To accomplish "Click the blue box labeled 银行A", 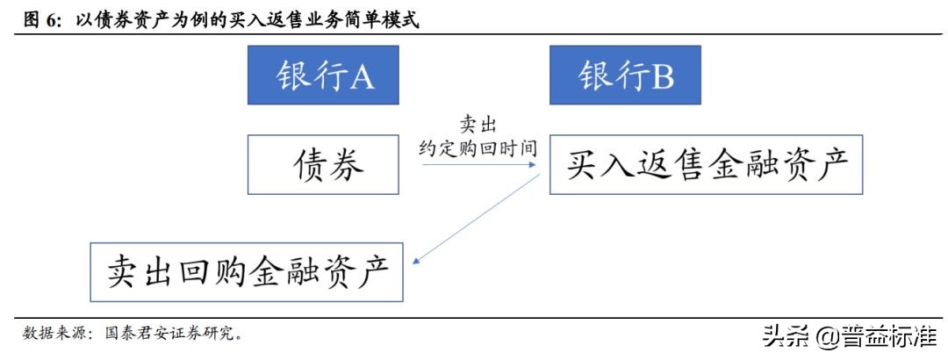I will point(324,76).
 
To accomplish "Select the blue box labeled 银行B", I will point(625,76).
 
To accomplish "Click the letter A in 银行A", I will point(362,77).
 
